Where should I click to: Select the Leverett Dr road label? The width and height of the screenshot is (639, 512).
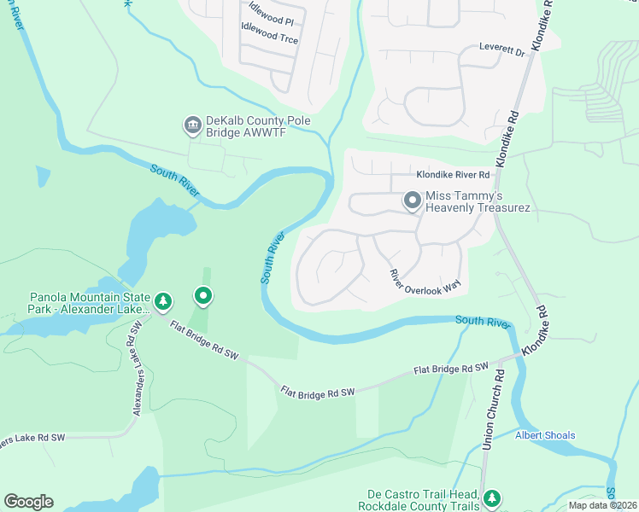501,50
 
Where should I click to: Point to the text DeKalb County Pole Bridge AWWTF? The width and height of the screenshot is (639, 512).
256,127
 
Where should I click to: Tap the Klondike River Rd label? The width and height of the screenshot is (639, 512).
453,175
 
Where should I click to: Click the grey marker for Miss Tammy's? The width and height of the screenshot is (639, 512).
413,201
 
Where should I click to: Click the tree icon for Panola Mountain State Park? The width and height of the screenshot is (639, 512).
162,300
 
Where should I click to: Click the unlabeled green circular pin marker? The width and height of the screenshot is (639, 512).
203,296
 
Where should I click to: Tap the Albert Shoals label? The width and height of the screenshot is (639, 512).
545,435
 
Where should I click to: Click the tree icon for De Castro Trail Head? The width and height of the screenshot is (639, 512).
491,498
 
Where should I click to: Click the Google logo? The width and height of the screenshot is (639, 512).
28,502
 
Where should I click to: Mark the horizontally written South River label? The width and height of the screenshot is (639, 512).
483,322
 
